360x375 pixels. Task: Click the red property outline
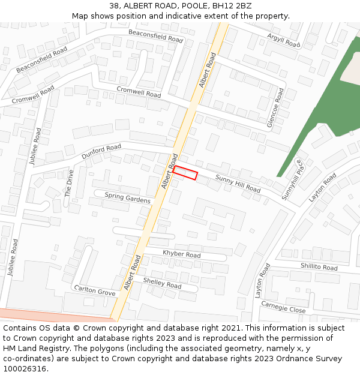(x=185, y=173)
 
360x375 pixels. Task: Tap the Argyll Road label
(x=283, y=40)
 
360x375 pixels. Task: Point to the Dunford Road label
(x=101, y=151)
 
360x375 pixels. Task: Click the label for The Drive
(x=68, y=184)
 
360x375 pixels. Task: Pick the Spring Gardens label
(x=127, y=197)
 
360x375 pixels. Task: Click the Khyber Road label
(x=181, y=254)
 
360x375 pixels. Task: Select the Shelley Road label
(x=162, y=283)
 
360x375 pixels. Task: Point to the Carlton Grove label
(x=95, y=290)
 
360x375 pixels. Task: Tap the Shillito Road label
(x=319, y=267)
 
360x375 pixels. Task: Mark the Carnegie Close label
(x=283, y=307)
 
